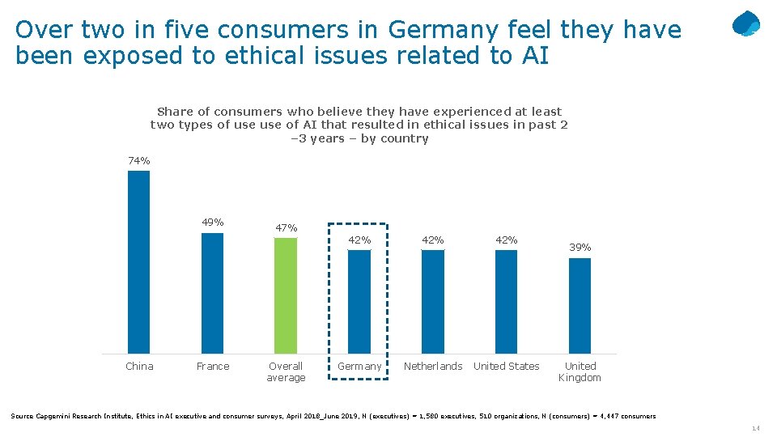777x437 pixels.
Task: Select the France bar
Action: point(212,293)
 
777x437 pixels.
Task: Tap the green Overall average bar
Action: point(286,295)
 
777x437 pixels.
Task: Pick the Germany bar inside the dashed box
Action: point(359,301)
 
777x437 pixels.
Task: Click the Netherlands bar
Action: point(433,301)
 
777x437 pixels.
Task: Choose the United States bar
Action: point(506,301)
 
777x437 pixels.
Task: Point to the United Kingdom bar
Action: point(580,305)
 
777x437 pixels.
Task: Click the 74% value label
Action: point(139,161)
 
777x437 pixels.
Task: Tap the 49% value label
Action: point(213,223)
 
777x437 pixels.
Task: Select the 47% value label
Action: point(287,228)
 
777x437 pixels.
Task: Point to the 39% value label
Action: point(580,248)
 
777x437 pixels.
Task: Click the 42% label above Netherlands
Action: point(433,240)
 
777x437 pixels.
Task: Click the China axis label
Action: point(139,367)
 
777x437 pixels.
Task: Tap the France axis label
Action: point(213,367)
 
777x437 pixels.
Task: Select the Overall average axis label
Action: point(287,372)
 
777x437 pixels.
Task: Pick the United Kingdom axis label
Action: point(580,372)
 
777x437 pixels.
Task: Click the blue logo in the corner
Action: point(745,24)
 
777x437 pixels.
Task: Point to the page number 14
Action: point(756,429)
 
